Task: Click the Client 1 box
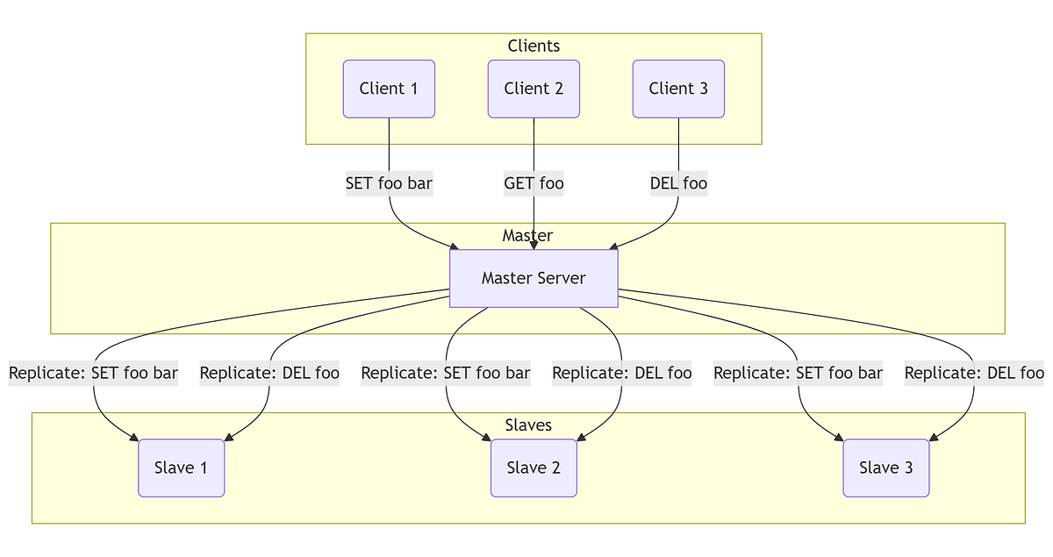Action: point(389,89)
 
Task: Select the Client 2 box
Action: point(534,89)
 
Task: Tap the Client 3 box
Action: point(678,89)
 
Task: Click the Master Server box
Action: point(534,278)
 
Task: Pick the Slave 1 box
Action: point(181,468)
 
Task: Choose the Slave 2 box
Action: point(534,468)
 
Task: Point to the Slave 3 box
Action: point(885,468)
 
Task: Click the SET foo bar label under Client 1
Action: point(389,183)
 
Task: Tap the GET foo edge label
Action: point(534,183)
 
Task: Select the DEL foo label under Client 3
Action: point(678,183)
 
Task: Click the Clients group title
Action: point(534,46)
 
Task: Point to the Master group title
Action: point(527,235)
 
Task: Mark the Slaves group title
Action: point(528,425)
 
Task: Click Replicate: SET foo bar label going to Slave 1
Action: point(93,373)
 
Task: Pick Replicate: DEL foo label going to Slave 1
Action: point(269,373)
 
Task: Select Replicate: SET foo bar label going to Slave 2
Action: point(446,373)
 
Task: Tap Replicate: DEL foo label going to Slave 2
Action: point(621,373)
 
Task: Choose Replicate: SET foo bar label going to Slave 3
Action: point(798,373)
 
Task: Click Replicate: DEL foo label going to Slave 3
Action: point(974,373)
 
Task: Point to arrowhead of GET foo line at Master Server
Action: point(534,245)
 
